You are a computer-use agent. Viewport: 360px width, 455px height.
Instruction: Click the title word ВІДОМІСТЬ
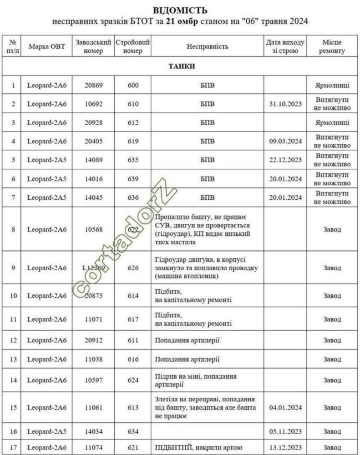(x=180, y=10)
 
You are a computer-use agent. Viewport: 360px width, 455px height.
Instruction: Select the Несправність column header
(x=207, y=46)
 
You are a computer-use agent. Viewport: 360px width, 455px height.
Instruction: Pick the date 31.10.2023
(x=285, y=104)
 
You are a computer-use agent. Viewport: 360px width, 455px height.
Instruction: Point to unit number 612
(x=133, y=122)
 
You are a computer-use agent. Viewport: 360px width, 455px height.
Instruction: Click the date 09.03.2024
(x=285, y=142)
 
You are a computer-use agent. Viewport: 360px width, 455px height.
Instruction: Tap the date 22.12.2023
(x=285, y=160)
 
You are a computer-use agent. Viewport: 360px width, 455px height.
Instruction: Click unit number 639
(x=133, y=179)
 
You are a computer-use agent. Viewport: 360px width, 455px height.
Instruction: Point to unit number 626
(x=133, y=268)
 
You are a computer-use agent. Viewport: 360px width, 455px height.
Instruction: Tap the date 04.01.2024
(x=285, y=407)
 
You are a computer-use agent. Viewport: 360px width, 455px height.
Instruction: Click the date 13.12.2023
(x=285, y=447)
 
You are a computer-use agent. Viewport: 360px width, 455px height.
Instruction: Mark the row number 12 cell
(x=13, y=340)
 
